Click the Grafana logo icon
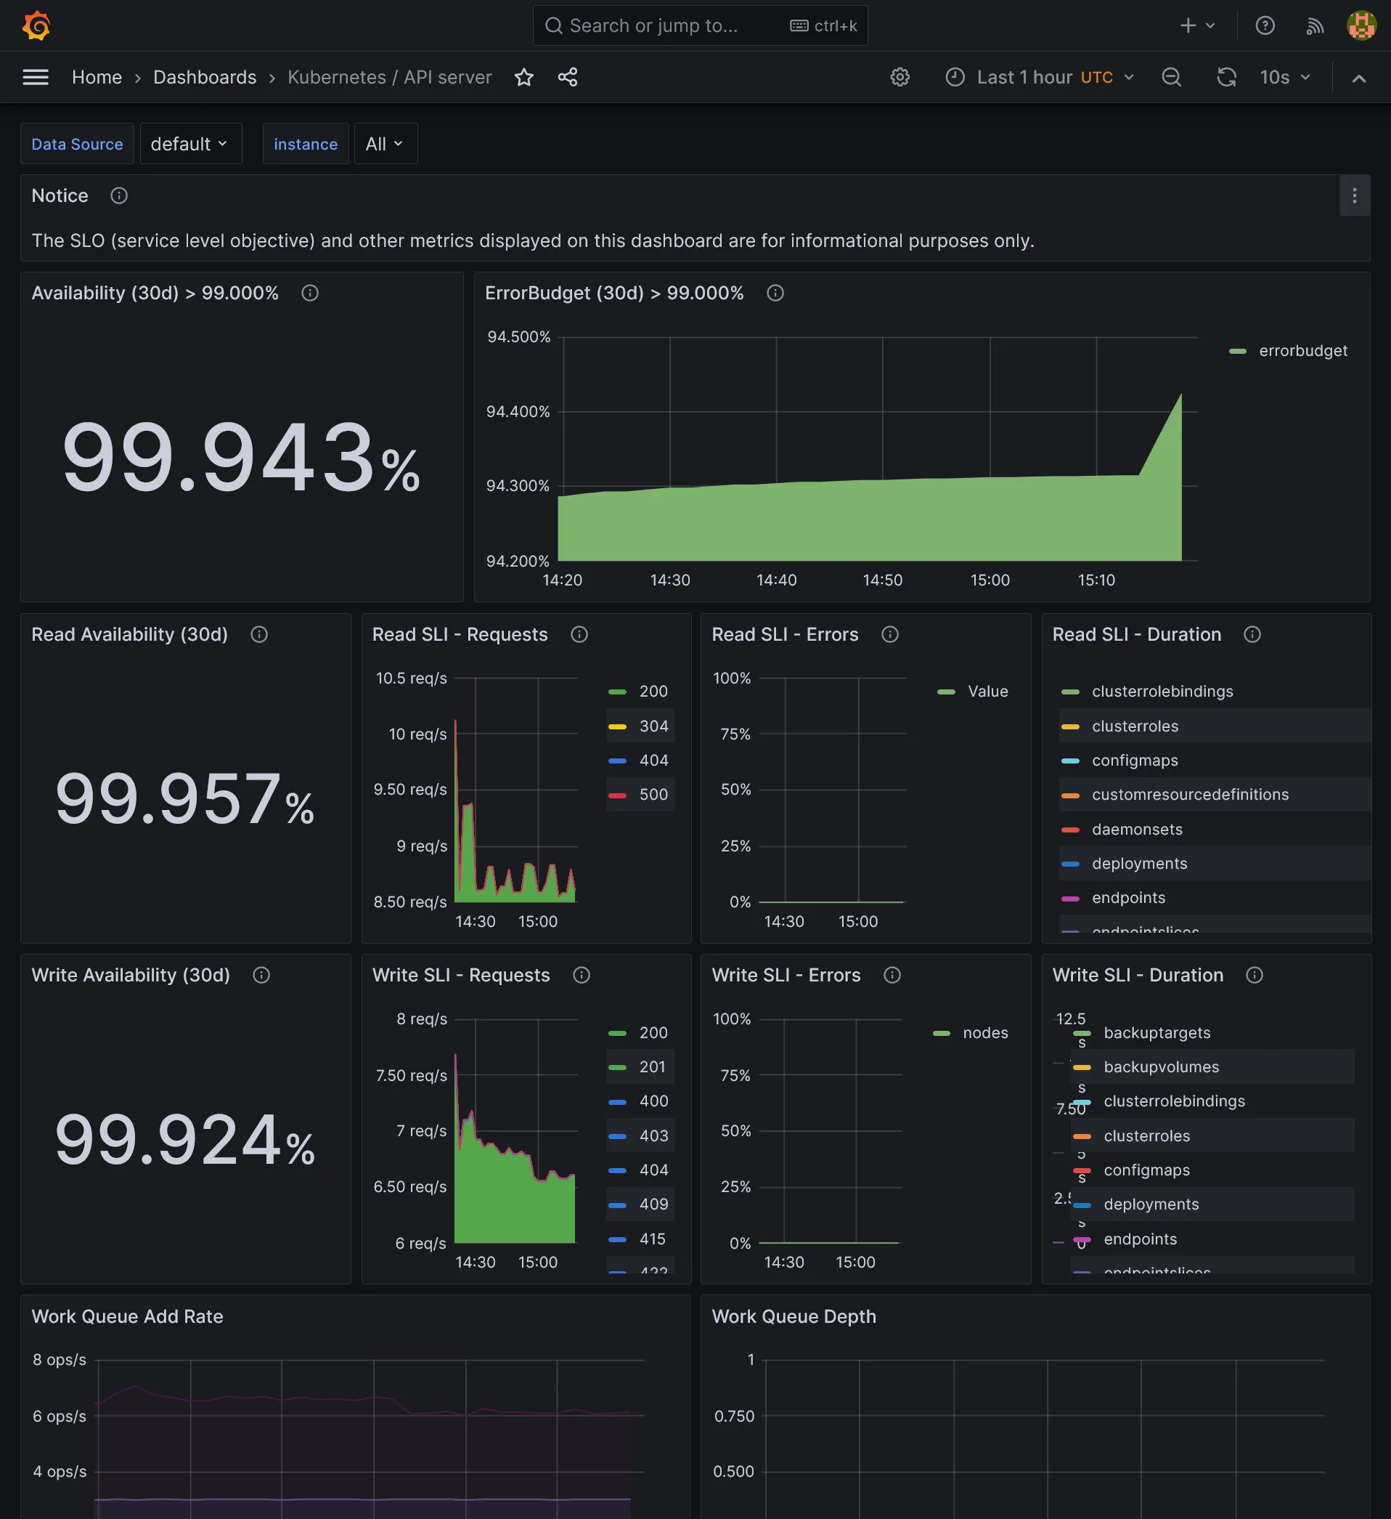(36, 25)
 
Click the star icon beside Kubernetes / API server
(524, 77)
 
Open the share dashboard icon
(568, 77)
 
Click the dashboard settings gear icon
(900, 77)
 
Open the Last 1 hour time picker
(1040, 77)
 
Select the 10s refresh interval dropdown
(1284, 77)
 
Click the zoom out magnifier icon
(1171, 77)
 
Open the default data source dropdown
(189, 143)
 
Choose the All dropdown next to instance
(384, 143)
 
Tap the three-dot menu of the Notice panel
(1354, 196)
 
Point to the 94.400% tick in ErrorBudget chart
(518, 411)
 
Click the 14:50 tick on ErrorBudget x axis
(883, 580)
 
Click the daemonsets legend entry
(1136, 829)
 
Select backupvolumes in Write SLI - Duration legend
(1161, 1067)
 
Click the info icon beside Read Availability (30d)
(259, 634)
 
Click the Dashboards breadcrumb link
(205, 77)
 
